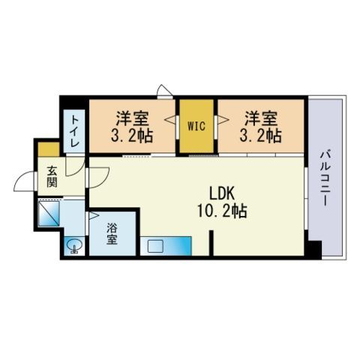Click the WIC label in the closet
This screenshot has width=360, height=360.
[196, 126]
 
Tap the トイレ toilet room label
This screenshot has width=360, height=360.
[75, 130]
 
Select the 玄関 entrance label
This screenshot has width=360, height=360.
[52, 177]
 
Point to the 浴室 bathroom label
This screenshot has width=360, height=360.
[112, 233]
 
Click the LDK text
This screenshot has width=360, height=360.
[221, 193]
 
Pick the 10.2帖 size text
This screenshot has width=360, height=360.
[222, 211]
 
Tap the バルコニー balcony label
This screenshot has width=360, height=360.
[325, 178]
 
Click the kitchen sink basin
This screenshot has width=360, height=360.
[155, 246]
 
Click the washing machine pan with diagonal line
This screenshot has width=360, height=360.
[49, 214]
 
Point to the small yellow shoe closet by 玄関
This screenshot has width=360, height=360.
[49, 149]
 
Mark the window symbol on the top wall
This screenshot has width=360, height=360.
[165, 91]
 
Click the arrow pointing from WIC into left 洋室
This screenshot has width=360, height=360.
[170, 120]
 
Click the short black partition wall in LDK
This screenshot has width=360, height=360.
[211, 243]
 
